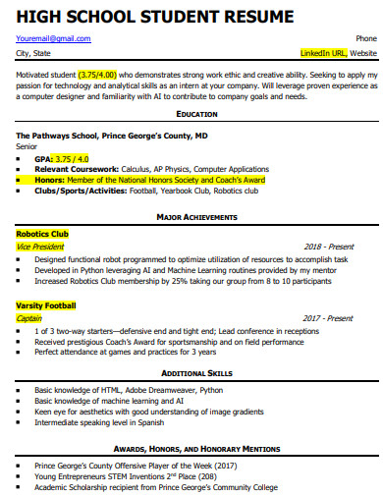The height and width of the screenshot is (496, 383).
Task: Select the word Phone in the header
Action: pyautogui.click(x=365, y=38)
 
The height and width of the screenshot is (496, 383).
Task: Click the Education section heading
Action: pyautogui.click(x=196, y=115)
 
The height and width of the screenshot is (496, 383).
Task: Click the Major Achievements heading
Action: pyautogui.click(x=196, y=215)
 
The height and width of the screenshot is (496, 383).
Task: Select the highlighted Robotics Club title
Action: pyautogui.click(x=42, y=235)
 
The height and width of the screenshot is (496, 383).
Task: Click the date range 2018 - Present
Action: pyautogui.click(x=328, y=248)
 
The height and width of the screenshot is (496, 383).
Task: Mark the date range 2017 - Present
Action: pyautogui.click(x=328, y=318)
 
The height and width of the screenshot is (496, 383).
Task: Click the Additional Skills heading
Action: pyautogui.click(x=196, y=374)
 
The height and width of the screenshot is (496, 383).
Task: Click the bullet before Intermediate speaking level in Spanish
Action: pyautogui.click(x=20, y=423)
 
